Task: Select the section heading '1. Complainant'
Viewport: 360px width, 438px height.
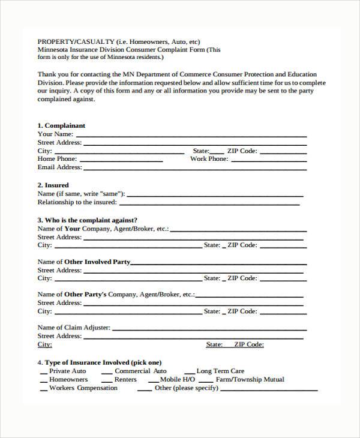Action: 61,125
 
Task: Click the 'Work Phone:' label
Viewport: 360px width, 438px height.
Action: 209,159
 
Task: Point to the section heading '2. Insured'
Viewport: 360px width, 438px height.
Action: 53,185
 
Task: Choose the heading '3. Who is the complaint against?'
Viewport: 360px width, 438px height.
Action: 88,220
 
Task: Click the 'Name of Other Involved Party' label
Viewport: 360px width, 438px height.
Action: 83,262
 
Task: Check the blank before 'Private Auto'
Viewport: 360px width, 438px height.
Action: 44,373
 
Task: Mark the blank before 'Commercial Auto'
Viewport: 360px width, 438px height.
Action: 107,373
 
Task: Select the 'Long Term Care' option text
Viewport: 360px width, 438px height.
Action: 220,371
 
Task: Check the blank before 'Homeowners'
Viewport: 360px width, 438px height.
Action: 44,382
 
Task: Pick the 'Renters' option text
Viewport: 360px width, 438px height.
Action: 125,379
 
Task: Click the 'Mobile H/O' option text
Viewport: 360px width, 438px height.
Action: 178,379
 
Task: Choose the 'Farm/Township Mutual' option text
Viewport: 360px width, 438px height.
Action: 250,379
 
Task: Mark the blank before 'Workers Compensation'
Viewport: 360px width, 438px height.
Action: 44,390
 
